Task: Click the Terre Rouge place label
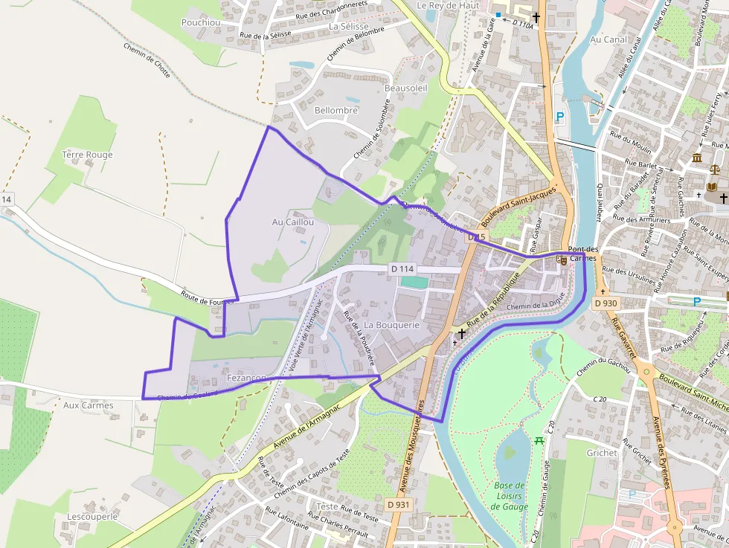88,155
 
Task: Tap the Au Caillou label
293,222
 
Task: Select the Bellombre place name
336,111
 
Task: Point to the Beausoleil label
406,88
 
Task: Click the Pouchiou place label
202,22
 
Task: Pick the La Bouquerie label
392,325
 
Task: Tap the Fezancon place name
246,378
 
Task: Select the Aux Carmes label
89,405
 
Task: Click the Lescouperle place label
92,516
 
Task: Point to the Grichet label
602,452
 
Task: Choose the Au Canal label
608,39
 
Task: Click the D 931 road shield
399,505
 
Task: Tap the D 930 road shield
606,303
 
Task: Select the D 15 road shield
476,237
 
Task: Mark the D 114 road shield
402,268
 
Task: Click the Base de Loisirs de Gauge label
510,496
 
